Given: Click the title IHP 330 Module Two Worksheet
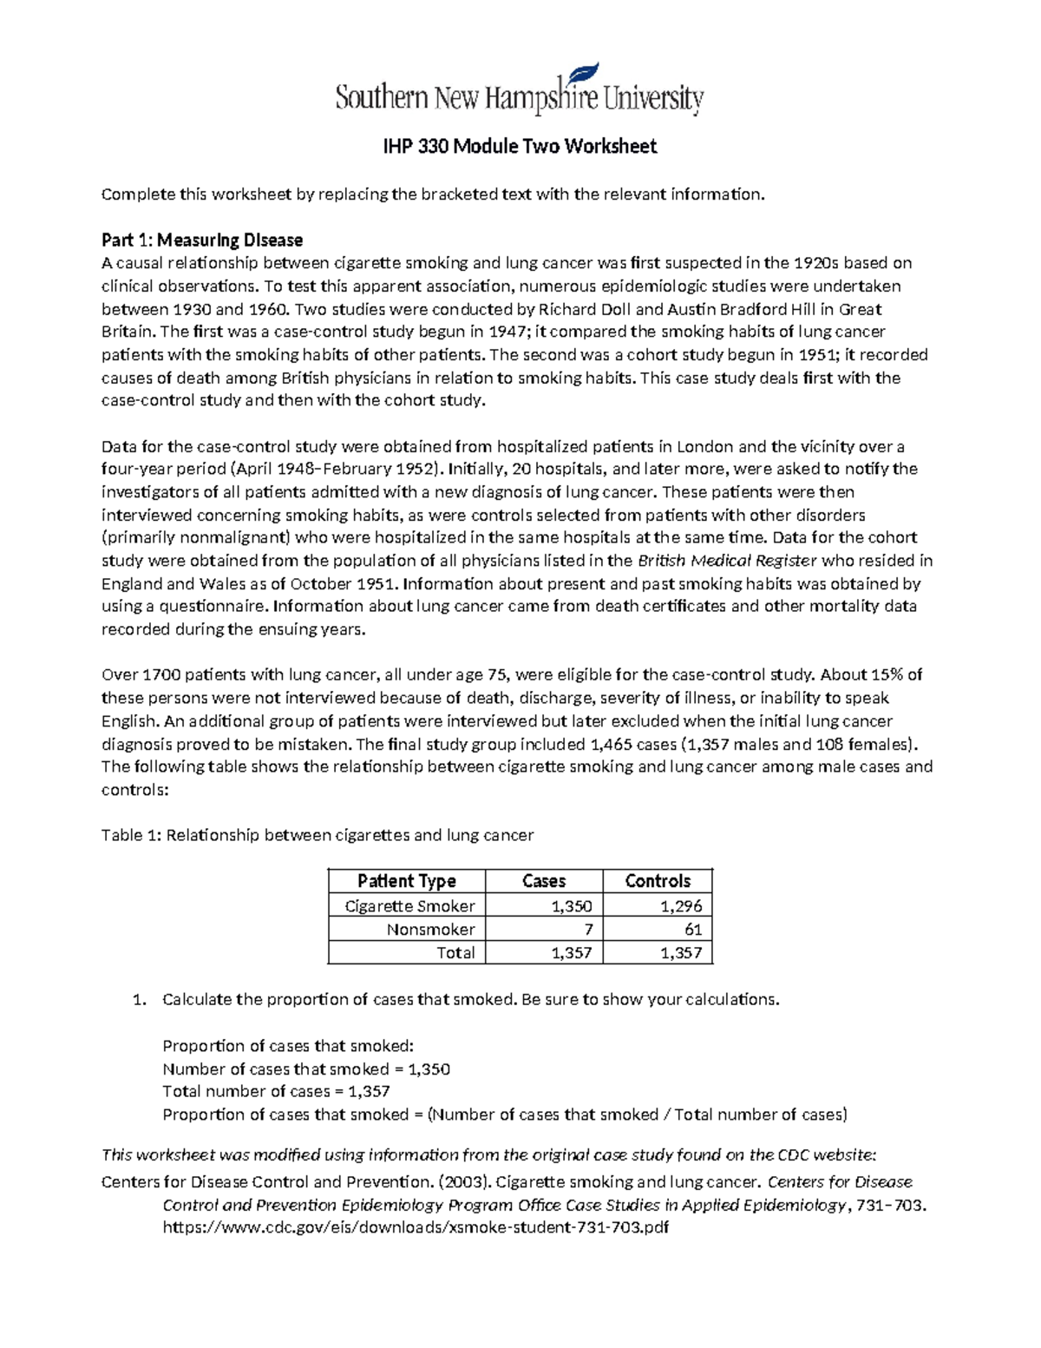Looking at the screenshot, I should [x=520, y=146].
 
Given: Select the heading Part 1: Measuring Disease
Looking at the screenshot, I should [x=202, y=240].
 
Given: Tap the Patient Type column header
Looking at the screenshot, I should [x=406, y=881].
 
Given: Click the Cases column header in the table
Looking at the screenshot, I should [x=544, y=881].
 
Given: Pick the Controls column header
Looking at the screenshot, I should [x=658, y=881].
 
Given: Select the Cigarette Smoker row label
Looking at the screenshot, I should [x=409, y=906].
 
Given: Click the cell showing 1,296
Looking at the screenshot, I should [x=680, y=906].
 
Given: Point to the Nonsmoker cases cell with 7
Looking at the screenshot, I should [x=588, y=930].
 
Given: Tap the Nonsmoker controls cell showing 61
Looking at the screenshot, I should [x=692, y=930].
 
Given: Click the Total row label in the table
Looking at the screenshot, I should [x=455, y=953].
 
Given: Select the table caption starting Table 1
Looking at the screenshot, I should [x=318, y=835].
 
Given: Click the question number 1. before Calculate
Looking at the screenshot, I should [x=139, y=999].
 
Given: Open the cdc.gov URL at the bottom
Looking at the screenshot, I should [x=416, y=1227].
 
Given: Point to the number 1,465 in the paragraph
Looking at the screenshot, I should [x=612, y=744].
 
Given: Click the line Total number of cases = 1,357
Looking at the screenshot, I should [x=276, y=1091].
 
